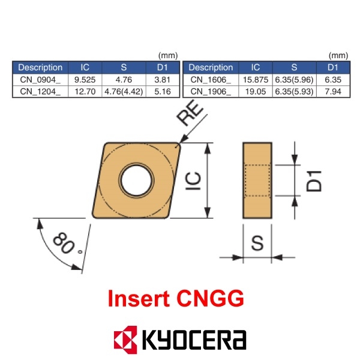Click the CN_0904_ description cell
pos(40,79)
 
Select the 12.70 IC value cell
pos(85,91)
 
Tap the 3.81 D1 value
pos(162,79)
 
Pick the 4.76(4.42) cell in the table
pos(124,91)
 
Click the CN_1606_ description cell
pos(211,79)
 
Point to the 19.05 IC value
pos(255,91)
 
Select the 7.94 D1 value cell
pos(333,91)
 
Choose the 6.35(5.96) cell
pos(294,79)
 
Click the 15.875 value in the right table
pos(255,79)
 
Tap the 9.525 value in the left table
pos(85,79)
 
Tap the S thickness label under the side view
pos(257,243)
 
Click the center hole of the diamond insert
pos(135,179)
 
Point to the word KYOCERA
pos(194,340)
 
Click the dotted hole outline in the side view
pos(258,179)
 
